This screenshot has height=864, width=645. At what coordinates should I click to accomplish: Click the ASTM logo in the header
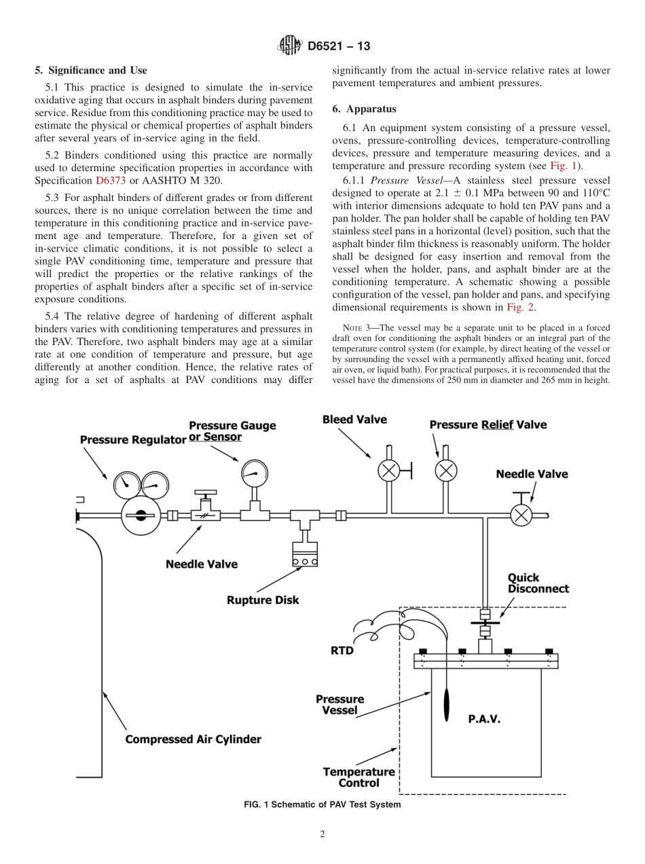coord(290,46)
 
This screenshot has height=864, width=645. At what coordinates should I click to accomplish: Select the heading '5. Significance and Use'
coord(91,70)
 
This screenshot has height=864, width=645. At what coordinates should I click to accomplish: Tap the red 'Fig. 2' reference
coord(521,307)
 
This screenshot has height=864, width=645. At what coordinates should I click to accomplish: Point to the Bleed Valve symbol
coord(387,470)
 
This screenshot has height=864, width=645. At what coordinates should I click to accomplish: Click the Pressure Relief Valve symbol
coord(446,470)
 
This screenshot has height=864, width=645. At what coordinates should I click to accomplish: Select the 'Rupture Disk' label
coord(263,600)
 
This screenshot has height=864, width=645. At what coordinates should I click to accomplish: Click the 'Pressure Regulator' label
coord(133,439)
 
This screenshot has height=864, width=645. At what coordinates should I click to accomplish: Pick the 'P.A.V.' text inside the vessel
coord(484,719)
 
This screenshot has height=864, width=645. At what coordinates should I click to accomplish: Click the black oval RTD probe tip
coord(445,706)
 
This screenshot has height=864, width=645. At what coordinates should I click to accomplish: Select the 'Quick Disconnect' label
coord(538,583)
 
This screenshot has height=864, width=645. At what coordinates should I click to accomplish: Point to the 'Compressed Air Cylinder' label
coord(193,739)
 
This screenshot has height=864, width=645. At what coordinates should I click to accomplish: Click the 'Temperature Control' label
coord(358,777)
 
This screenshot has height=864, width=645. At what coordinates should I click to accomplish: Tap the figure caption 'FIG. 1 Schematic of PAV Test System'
coord(322,804)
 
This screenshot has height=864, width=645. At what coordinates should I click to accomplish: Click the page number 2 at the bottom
coord(322,835)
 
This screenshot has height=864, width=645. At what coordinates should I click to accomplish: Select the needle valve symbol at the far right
coord(521,515)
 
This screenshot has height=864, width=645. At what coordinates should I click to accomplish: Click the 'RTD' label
coord(342,650)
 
